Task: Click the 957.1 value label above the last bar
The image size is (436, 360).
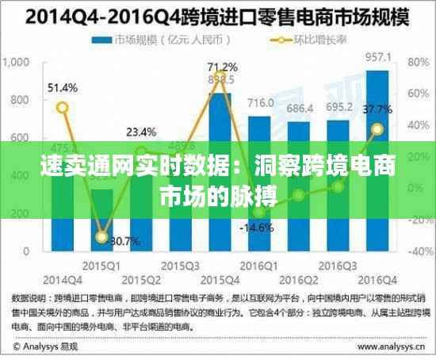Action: pyautogui.click(x=377, y=57)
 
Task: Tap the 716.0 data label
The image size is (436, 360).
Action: pyautogui.click(x=259, y=103)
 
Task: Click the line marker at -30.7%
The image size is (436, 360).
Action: pyautogui.click(x=101, y=236)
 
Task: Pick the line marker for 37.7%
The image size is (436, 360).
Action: pyautogui.click(x=377, y=128)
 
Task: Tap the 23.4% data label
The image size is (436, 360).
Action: pyautogui.click(x=140, y=132)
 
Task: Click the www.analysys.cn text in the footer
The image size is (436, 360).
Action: pyautogui.click(x=388, y=347)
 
